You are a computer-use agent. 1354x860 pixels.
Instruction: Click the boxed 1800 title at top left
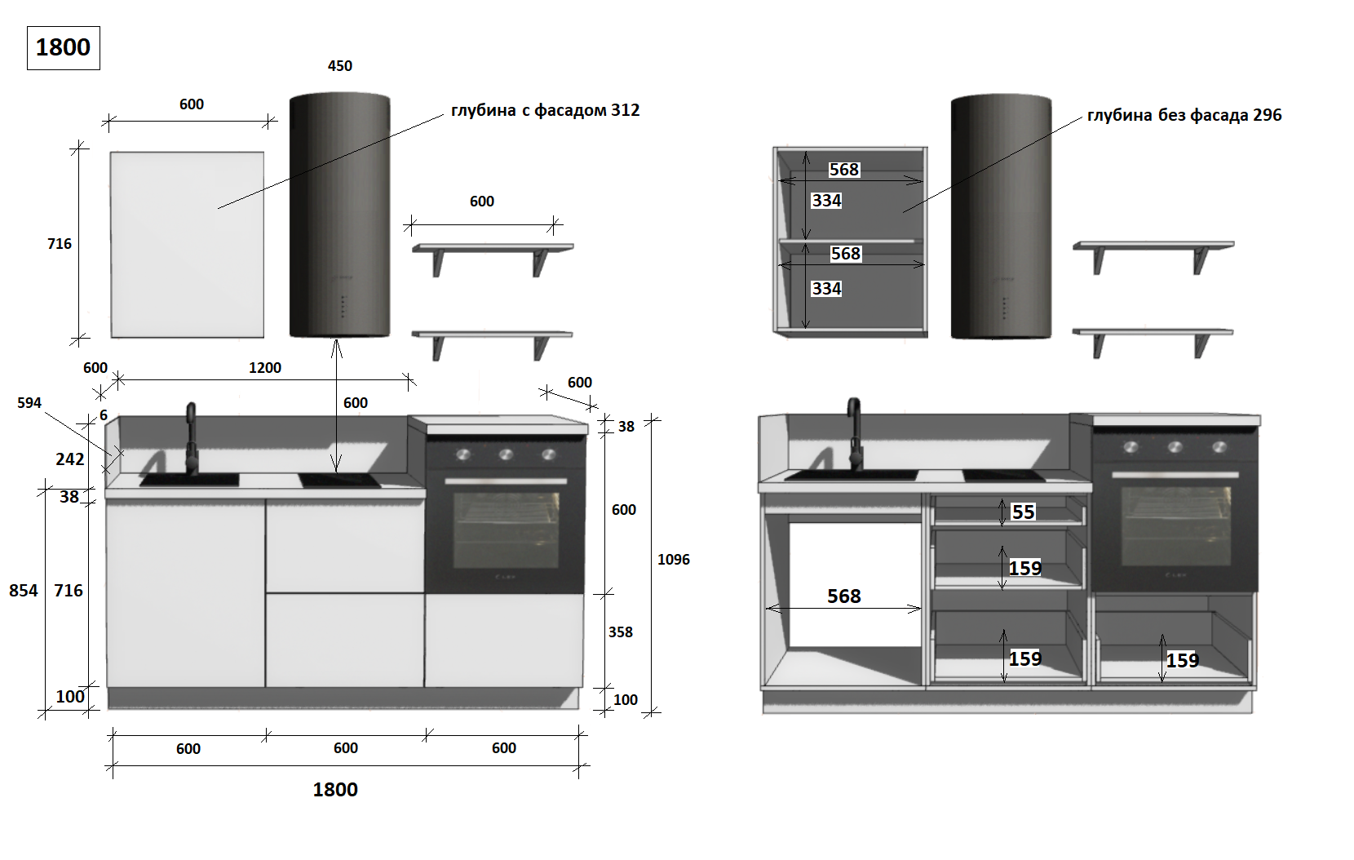(63, 48)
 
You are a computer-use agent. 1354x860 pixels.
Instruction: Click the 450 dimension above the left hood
(339, 66)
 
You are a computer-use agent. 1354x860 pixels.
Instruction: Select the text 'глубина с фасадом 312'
(545, 110)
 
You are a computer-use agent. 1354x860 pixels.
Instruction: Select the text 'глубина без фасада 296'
(1184, 115)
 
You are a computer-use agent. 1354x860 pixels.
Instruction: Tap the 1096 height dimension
(674, 560)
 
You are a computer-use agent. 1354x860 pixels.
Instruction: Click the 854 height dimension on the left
(23, 590)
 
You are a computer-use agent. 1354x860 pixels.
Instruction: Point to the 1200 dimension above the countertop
(265, 368)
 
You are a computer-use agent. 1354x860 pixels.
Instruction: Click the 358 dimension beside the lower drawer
(620, 632)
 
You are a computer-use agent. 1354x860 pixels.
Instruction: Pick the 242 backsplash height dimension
(69, 459)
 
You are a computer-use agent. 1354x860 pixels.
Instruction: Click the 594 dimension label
(29, 403)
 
